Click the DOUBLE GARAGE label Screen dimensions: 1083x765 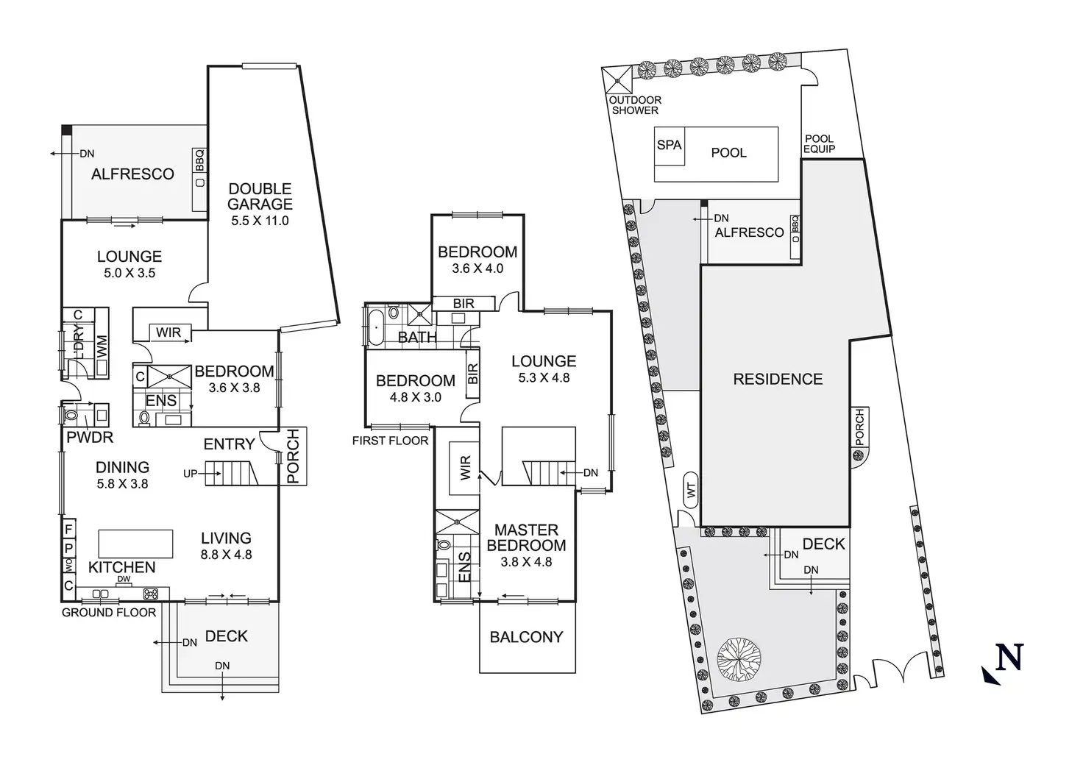tap(260, 196)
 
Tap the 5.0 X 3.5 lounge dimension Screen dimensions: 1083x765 tap(129, 273)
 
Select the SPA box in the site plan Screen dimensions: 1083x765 tap(670, 145)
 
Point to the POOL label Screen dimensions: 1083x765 tap(728, 153)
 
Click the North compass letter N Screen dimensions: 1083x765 tap(1009, 657)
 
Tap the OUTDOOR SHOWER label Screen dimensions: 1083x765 tap(635, 105)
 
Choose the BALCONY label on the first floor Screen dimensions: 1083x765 tap(526, 637)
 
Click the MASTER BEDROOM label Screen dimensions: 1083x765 tap(526, 538)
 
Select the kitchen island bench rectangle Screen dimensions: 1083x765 tap(135, 544)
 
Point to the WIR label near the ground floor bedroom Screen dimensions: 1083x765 tap(168, 332)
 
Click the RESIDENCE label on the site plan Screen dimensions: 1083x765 tap(778, 380)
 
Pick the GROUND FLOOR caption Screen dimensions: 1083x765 tap(109, 612)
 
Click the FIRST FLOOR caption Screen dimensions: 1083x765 tap(390, 441)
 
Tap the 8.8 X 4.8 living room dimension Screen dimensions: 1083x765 tap(226, 555)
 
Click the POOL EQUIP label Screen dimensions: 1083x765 tap(819, 143)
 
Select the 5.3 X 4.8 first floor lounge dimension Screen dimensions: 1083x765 tap(544, 378)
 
